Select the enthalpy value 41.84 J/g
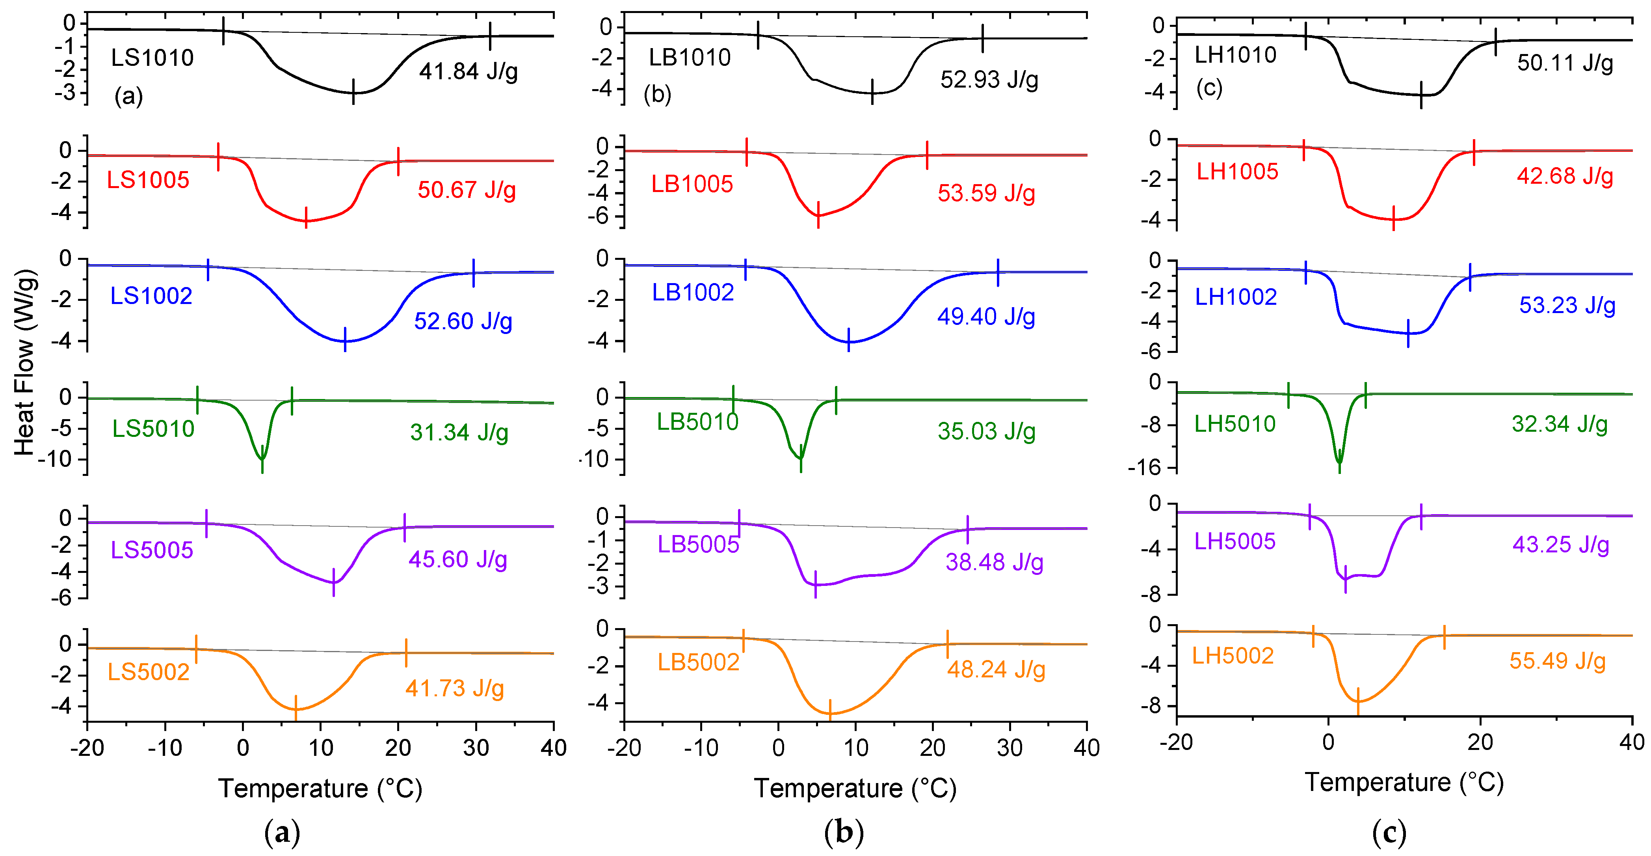tap(469, 71)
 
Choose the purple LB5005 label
tap(698, 545)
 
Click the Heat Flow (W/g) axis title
tap(24, 362)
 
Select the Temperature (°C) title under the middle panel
tap(855, 788)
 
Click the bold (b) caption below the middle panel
tap(844, 832)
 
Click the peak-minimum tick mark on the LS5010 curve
tap(262, 459)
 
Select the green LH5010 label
tap(1235, 424)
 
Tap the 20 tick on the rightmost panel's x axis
tap(1480, 742)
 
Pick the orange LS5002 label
tap(148, 671)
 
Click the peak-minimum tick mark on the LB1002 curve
tap(849, 340)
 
